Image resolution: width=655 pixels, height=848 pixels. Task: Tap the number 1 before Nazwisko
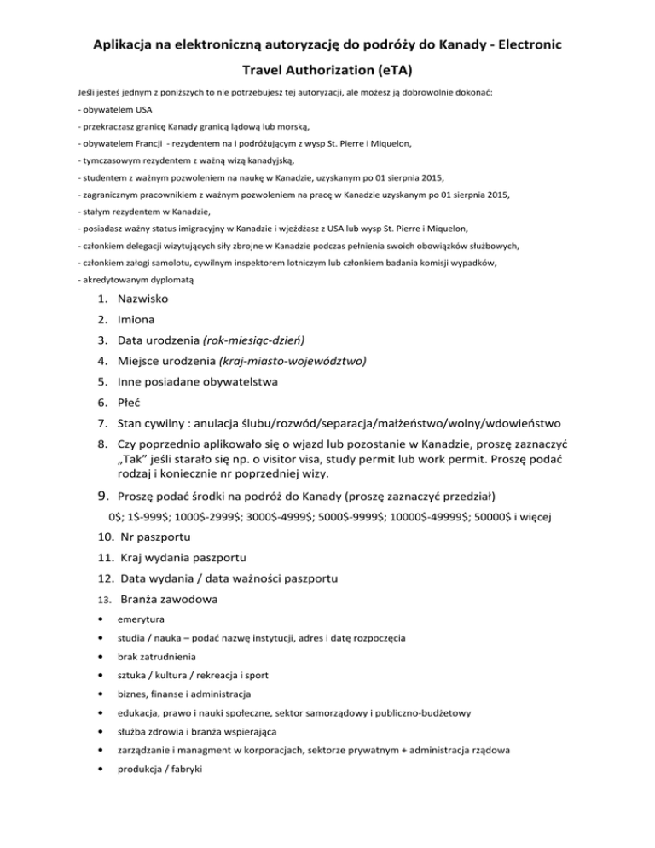click(x=101, y=299)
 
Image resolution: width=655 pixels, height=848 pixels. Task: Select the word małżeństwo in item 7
click(x=420, y=424)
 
